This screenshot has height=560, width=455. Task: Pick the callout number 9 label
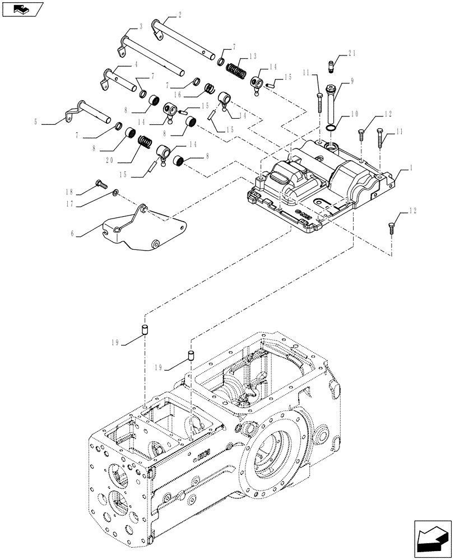click(x=352, y=81)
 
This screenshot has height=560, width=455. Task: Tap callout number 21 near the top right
click(x=351, y=53)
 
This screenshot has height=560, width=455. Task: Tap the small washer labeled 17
click(x=115, y=193)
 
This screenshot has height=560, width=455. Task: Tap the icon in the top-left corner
click(x=22, y=10)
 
